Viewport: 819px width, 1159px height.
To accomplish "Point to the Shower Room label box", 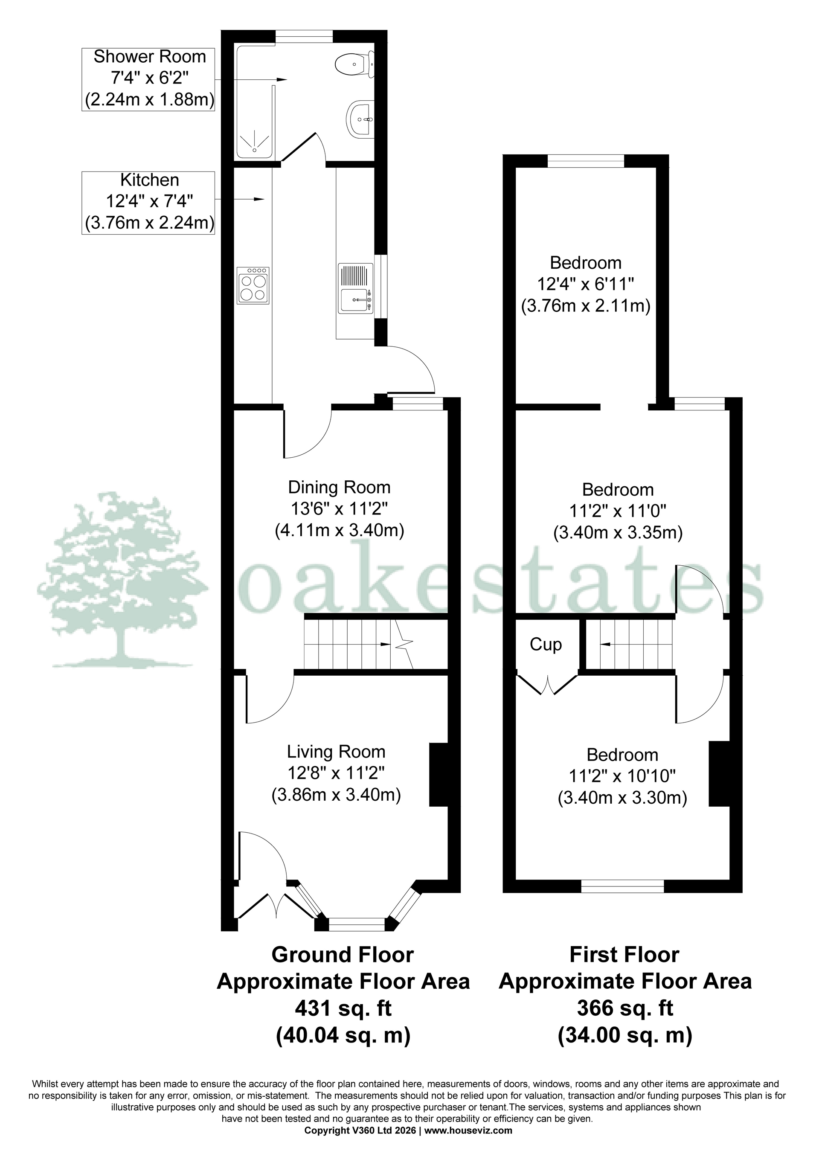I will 149,79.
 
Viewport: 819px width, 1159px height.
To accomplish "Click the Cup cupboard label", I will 545,645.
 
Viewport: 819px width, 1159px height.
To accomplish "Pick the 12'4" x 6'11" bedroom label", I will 585,285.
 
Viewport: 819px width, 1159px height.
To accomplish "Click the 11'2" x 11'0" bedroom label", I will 618,511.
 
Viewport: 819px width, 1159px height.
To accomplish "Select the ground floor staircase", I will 354,645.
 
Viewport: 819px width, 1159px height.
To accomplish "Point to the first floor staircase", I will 629,645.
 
